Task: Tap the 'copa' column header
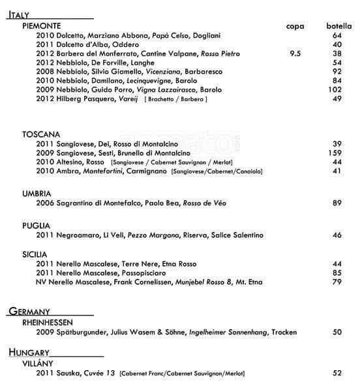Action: tap(295, 25)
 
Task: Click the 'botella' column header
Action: tap(339, 25)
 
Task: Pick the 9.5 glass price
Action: tap(295, 53)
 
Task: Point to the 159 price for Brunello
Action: tap(335, 152)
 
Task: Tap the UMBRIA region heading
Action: tap(37, 194)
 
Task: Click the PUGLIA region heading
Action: tap(36, 225)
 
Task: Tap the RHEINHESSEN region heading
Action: tap(47, 322)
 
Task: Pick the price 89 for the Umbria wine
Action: tap(337, 203)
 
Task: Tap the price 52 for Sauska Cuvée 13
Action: tap(337, 373)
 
